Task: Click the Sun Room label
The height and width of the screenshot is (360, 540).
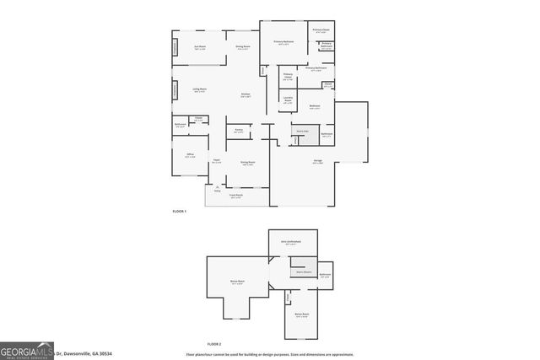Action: click(x=200, y=47)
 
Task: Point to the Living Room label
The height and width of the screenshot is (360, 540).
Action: click(x=200, y=89)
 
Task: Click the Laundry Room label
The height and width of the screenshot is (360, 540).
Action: click(x=288, y=101)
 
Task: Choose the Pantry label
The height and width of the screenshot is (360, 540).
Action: click(x=239, y=131)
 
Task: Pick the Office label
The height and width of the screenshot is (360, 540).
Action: click(x=190, y=155)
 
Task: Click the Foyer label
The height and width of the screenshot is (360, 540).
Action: click(x=217, y=161)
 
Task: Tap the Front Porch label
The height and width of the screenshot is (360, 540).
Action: click(x=236, y=196)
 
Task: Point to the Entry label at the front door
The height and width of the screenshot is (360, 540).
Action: click(x=217, y=189)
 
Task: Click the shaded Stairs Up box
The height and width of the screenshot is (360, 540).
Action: click(x=302, y=131)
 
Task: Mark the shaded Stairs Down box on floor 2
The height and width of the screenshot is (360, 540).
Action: click(x=303, y=272)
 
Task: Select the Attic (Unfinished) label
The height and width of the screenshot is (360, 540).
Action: click(x=291, y=242)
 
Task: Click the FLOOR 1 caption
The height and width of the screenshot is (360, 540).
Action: click(x=178, y=212)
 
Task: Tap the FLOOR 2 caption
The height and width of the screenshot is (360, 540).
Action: click(x=213, y=344)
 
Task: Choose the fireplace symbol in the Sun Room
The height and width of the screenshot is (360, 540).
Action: click(x=175, y=47)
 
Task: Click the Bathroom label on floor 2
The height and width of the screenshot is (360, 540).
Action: click(x=325, y=275)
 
